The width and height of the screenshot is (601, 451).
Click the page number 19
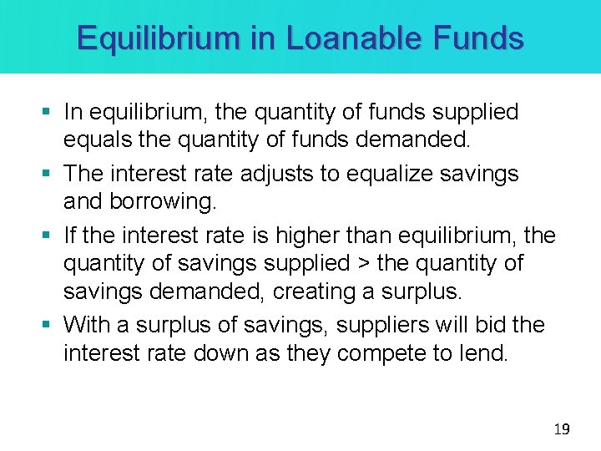coord(562,429)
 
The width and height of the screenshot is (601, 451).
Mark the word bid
coord(488,324)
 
